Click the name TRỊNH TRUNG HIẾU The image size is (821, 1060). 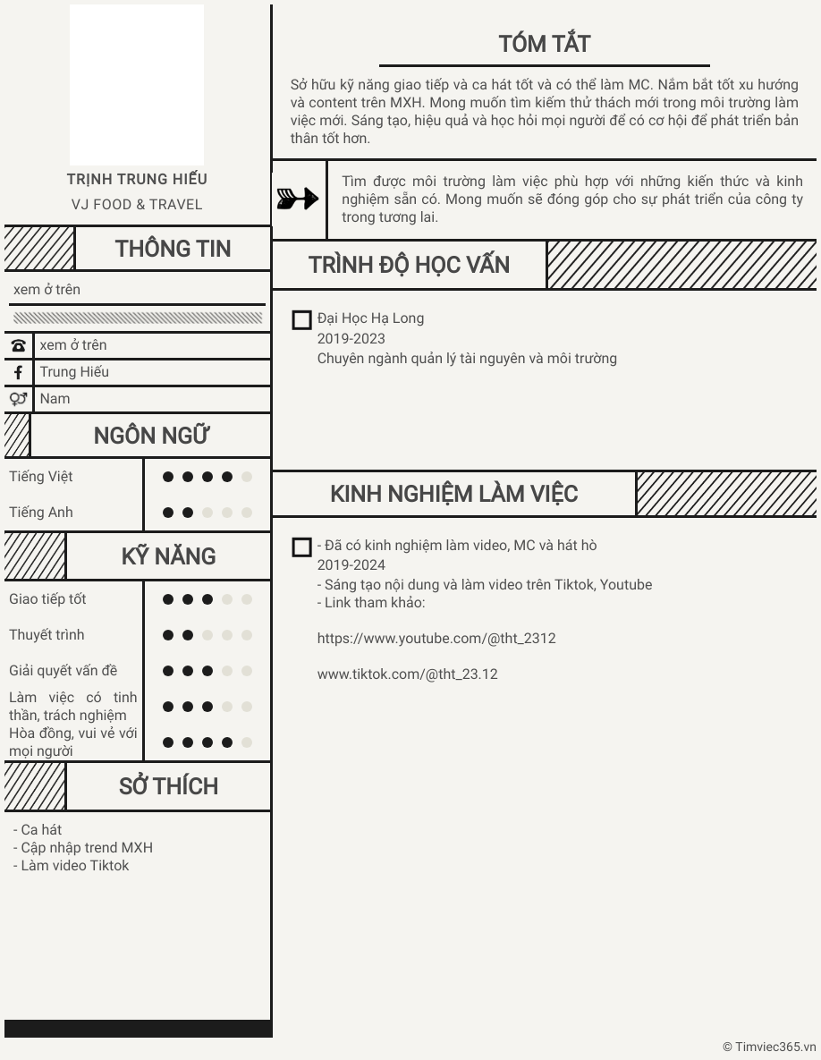click(137, 179)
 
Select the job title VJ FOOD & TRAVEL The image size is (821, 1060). click(137, 205)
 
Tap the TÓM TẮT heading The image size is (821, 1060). click(544, 44)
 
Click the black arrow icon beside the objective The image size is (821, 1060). click(298, 199)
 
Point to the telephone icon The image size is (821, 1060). click(18, 345)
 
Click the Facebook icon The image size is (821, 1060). click(18, 372)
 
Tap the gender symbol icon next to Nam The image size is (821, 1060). click(18, 399)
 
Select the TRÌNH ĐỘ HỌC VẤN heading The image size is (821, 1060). click(409, 265)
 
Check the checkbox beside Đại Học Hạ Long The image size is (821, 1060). click(302, 320)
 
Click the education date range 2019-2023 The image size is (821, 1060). click(351, 338)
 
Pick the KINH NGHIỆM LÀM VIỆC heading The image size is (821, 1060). click(453, 494)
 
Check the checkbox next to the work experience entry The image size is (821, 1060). click(302, 547)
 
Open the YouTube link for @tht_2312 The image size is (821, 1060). click(436, 639)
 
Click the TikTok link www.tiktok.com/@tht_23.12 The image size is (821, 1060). click(407, 674)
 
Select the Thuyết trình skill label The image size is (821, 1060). click(47, 635)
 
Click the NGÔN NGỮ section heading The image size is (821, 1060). click(151, 436)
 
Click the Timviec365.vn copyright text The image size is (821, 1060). click(769, 1047)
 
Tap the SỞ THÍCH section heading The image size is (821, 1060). click(168, 786)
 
